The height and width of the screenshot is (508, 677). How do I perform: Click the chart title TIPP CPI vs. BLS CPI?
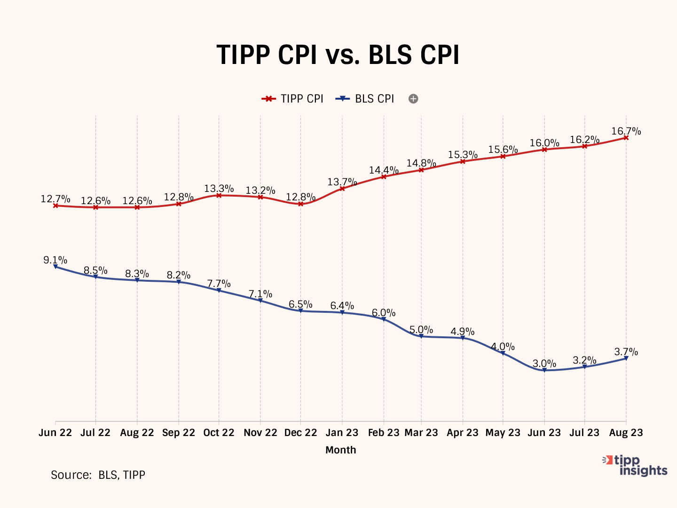point(338,55)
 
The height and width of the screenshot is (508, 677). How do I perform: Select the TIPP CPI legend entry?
point(293,99)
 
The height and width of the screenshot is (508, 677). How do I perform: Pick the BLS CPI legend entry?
point(365,99)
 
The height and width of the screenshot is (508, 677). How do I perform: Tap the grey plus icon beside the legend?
point(413,99)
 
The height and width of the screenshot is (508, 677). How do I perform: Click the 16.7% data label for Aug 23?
point(626,131)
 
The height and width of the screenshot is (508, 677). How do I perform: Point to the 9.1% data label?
point(55,260)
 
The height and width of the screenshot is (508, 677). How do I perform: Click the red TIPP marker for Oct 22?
point(219,195)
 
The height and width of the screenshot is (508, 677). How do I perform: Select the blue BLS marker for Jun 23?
point(544,370)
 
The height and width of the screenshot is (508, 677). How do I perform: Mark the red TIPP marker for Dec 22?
point(301,204)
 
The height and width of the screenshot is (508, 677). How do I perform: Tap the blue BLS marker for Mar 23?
point(421,336)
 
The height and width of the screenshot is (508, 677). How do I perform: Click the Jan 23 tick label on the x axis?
point(342,433)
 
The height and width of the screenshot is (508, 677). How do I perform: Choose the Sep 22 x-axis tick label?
point(179,433)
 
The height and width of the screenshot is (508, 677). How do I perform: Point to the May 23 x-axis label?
point(503,433)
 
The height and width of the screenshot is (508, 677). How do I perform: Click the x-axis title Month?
point(341,450)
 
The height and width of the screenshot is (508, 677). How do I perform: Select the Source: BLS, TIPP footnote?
point(98,475)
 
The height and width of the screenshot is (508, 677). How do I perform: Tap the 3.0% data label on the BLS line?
point(544,364)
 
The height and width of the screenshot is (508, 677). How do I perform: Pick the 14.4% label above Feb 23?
point(384,170)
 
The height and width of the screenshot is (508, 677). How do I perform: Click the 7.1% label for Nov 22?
point(260,294)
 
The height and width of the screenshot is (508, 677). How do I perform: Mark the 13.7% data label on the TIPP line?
point(342,182)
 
